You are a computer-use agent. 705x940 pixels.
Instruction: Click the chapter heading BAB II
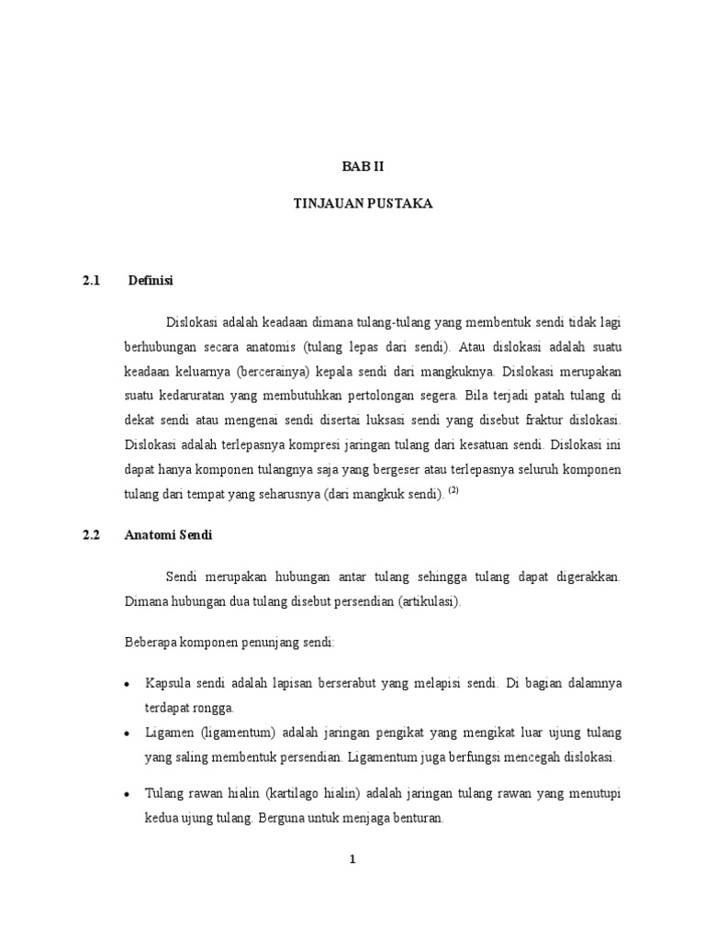pyautogui.click(x=352, y=167)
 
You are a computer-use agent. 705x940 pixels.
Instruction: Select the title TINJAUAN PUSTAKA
pyautogui.click(x=352, y=205)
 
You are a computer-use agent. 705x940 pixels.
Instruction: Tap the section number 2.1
pyautogui.click(x=90, y=279)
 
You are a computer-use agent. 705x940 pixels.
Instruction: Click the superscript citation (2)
pyautogui.click(x=452, y=491)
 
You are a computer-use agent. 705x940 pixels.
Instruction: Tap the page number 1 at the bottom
pyautogui.click(x=352, y=859)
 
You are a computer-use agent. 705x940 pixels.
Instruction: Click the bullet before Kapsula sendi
pyautogui.click(x=127, y=685)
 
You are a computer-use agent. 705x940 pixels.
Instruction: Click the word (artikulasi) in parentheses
pyautogui.click(x=430, y=602)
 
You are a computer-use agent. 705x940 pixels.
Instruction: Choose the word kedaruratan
pyautogui.click(x=192, y=396)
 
